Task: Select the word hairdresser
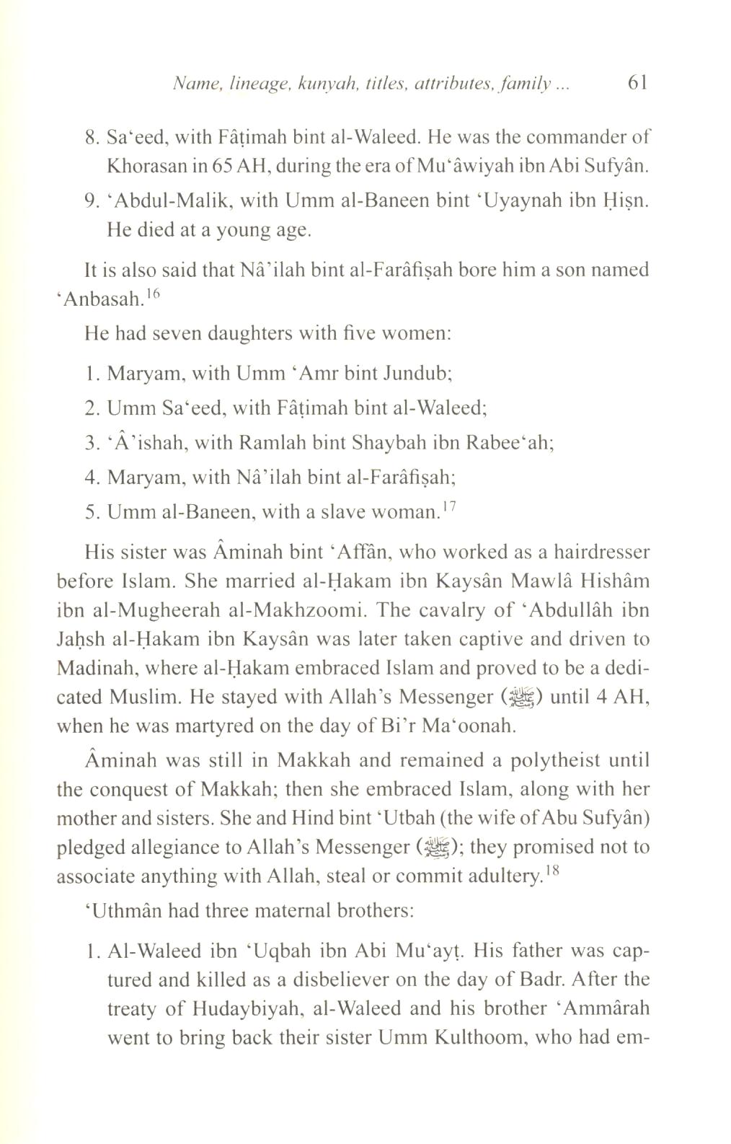(x=569, y=553)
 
